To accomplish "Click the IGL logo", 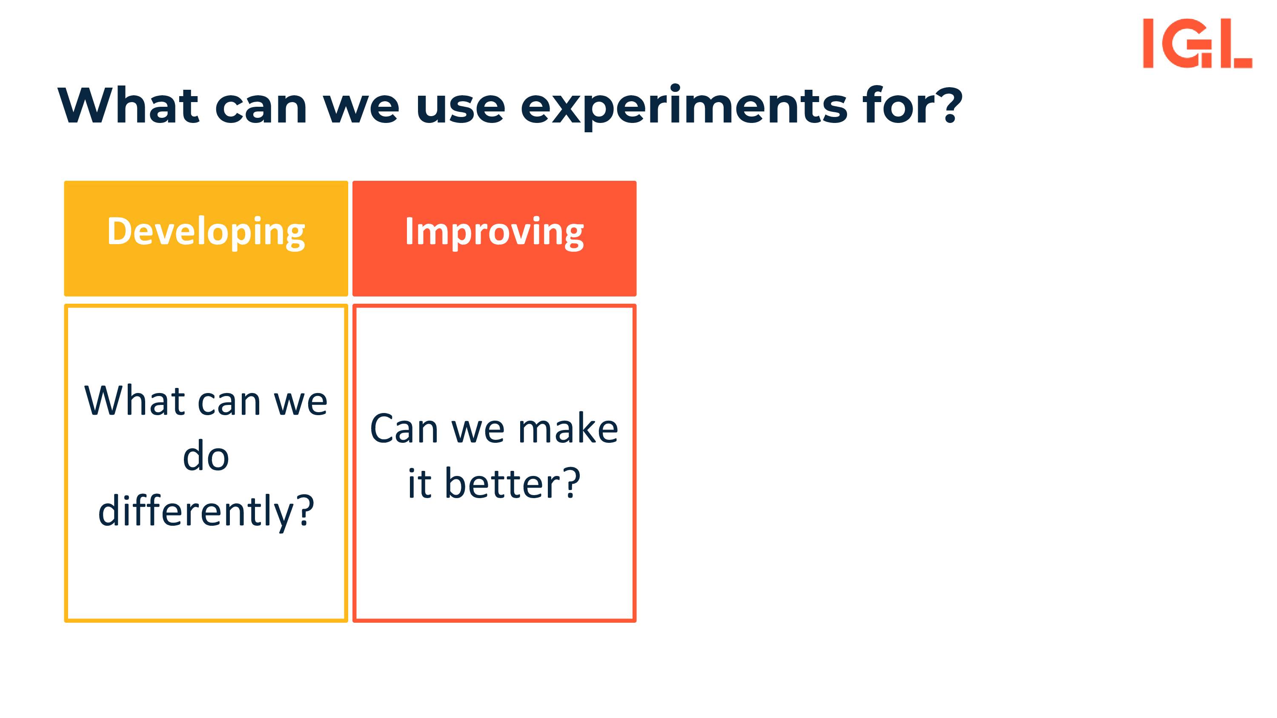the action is click(x=1197, y=43).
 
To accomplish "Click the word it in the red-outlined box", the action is click(x=419, y=484).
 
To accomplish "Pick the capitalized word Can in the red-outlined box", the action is click(x=404, y=428).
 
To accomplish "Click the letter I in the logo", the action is click(x=1148, y=43).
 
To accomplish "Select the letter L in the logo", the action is click(x=1236, y=43).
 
